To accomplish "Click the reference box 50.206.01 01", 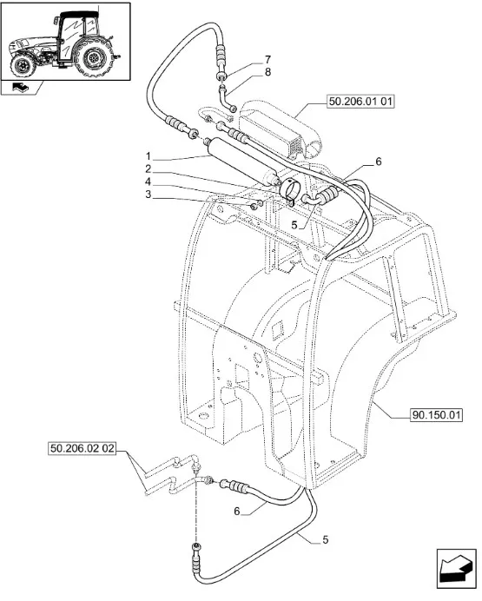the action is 360,102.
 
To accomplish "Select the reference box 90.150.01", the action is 436,415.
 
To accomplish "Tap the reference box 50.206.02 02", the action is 83,447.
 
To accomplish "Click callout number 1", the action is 149,156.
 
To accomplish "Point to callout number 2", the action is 149,169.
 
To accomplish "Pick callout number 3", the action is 149,195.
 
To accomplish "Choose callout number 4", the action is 149,182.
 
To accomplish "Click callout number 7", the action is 267,59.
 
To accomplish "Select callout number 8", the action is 267,72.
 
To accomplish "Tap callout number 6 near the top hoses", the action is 379,162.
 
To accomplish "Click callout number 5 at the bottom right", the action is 326,539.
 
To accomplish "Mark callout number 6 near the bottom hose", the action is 237,511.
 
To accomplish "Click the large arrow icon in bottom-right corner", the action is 456,568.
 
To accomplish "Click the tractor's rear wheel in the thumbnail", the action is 93,57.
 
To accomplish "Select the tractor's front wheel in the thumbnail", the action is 23,66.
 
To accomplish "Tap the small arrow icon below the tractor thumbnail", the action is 20,88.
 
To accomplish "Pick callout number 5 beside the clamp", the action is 294,225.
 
